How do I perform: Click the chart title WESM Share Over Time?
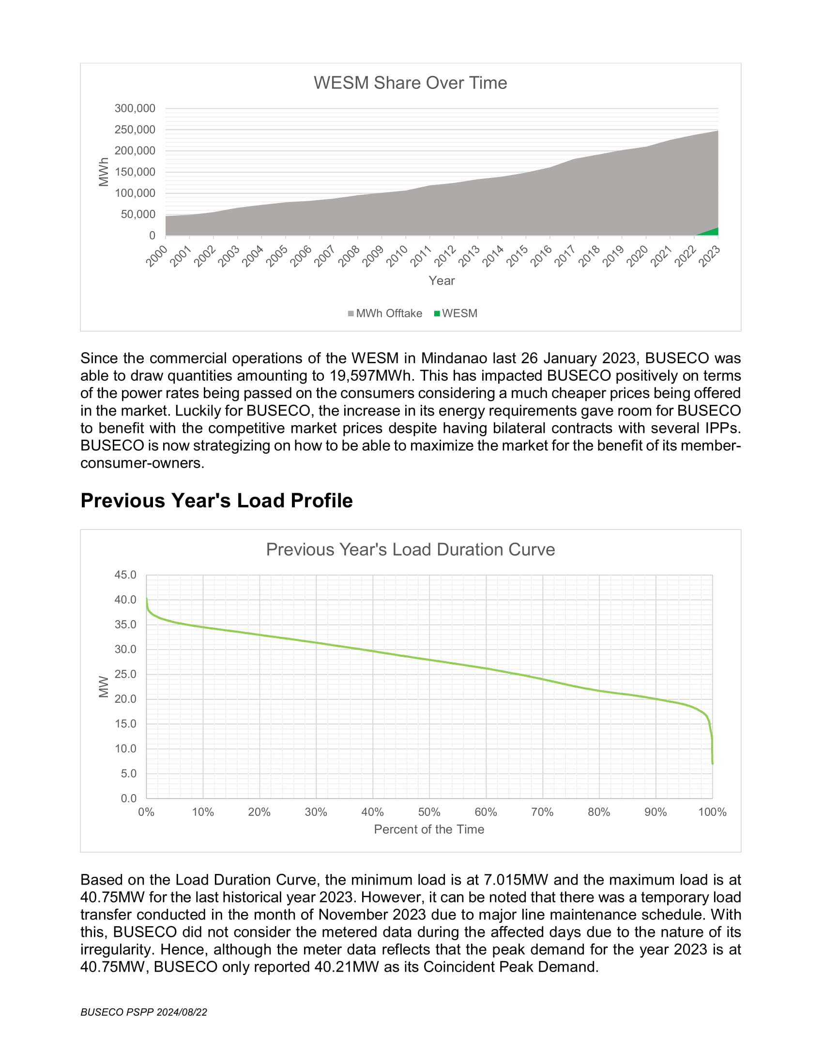(x=410, y=83)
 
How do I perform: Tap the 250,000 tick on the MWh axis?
(x=135, y=130)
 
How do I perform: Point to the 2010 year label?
(x=397, y=256)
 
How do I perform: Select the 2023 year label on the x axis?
(x=709, y=256)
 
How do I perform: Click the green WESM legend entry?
(x=456, y=313)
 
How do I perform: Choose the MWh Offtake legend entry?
(x=385, y=313)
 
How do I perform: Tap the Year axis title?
(x=442, y=281)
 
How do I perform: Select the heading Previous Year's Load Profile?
(x=216, y=501)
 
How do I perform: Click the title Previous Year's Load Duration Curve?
(x=411, y=549)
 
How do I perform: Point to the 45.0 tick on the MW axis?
(x=125, y=575)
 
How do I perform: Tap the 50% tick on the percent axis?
(x=429, y=812)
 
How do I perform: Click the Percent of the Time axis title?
(x=429, y=829)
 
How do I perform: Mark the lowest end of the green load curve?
(x=712, y=764)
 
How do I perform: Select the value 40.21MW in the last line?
(x=347, y=967)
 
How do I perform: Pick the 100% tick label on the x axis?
(x=712, y=812)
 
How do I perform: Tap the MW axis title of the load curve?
(x=104, y=686)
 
